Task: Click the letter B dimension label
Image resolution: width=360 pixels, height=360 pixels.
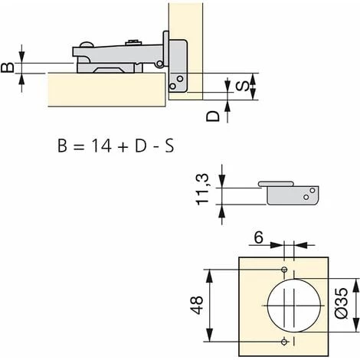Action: [x=8, y=67]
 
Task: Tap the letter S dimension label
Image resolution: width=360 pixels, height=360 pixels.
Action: [x=242, y=86]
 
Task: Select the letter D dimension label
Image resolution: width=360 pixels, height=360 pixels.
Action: [x=213, y=116]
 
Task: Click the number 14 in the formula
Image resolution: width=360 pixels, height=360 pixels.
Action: [x=102, y=146]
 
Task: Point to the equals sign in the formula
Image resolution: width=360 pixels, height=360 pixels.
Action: [x=78, y=147]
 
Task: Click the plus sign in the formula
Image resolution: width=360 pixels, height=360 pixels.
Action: [x=123, y=147]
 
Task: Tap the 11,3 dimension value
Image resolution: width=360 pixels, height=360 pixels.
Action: [x=202, y=189]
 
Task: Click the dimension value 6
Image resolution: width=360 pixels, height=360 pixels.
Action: [x=258, y=237]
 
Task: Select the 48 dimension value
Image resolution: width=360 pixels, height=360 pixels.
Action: [x=197, y=305]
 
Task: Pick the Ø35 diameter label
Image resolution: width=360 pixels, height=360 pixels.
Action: [x=341, y=303]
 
